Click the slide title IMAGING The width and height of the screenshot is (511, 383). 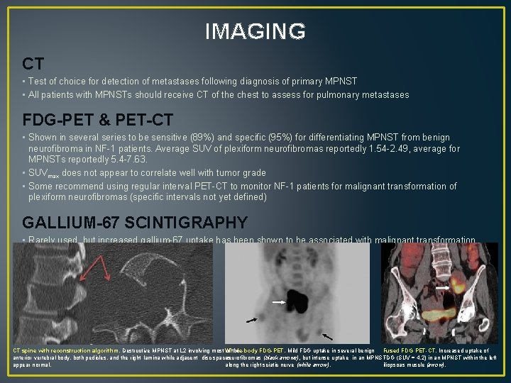(255, 31)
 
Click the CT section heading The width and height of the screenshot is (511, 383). (33, 64)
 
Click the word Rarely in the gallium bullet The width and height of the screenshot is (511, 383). (44, 240)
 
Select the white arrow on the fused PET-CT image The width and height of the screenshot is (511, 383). (441, 289)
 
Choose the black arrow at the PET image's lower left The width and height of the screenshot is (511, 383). (252, 321)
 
